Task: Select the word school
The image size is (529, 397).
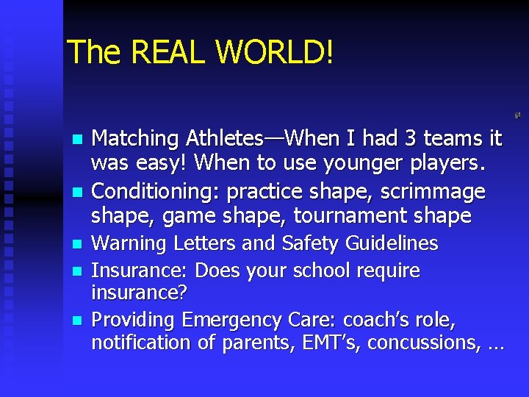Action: point(321,271)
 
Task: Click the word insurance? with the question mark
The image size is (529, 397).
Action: point(140,293)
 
